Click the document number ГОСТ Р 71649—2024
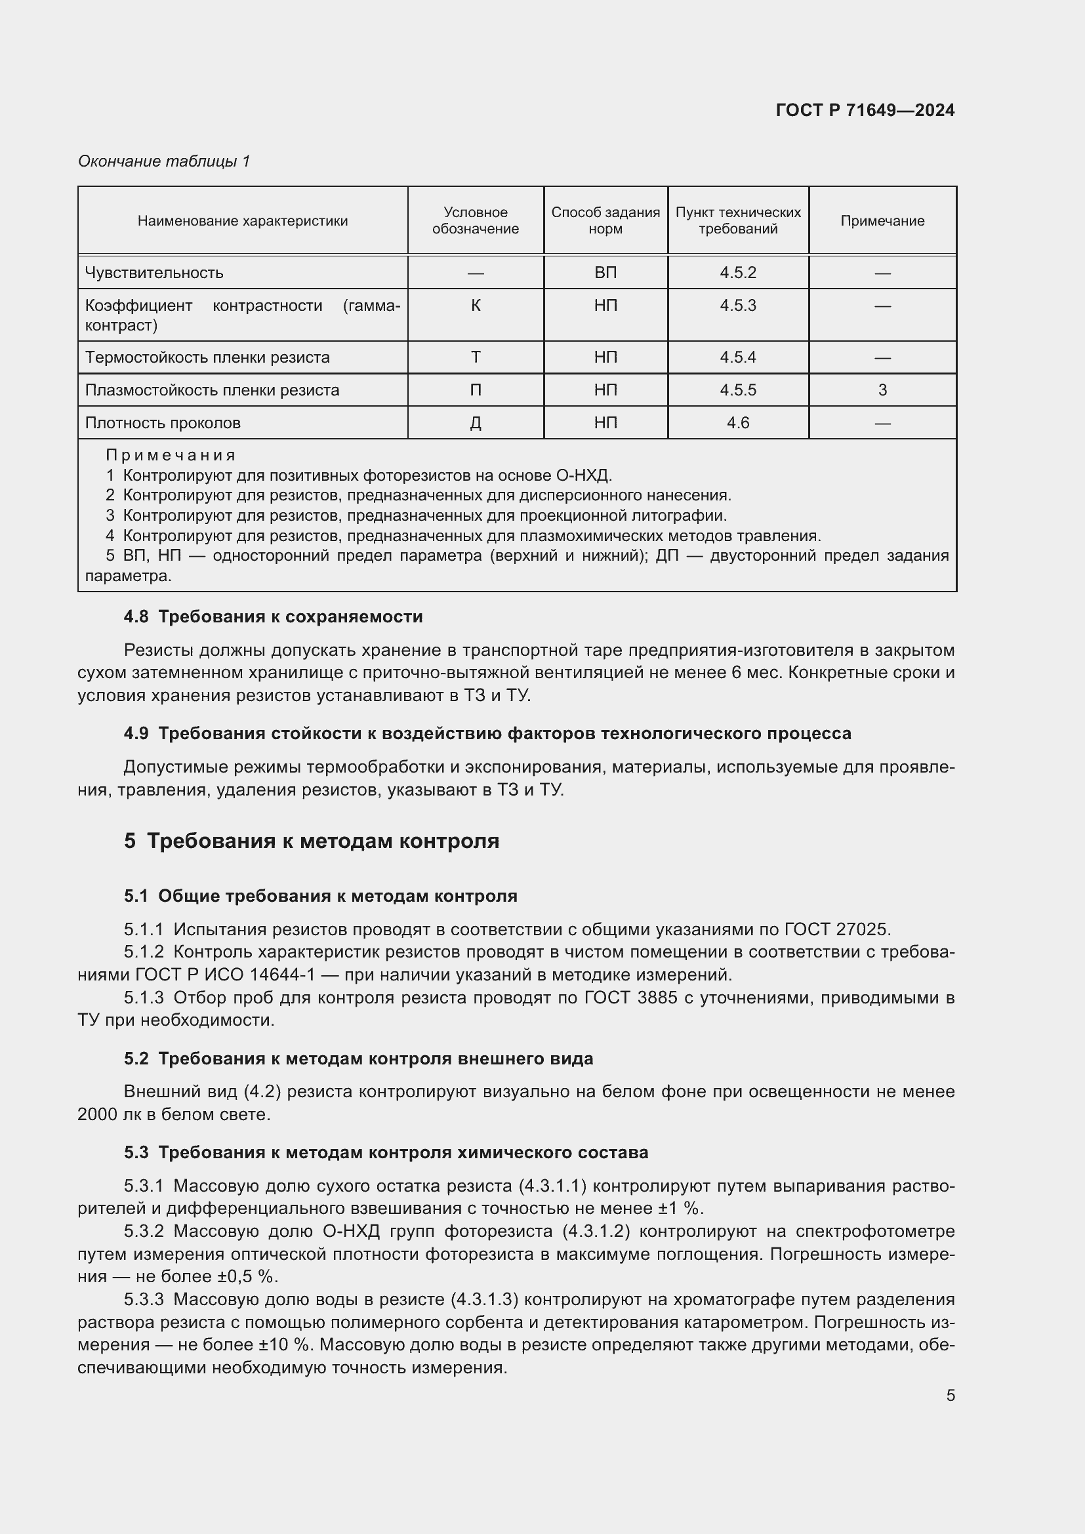click(865, 111)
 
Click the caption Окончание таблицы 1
click(164, 161)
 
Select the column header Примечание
click(882, 221)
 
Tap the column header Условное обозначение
click(475, 220)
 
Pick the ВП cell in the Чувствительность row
click(605, 273)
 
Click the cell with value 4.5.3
click(737, 306)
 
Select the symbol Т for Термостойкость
click(475, 357)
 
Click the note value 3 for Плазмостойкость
click(882, 390)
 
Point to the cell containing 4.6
click(737, 423)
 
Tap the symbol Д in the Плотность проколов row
click(475, 423)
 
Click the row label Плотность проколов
click(162, 423)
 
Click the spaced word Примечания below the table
click(171, 456)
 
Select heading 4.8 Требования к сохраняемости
click(274, 616)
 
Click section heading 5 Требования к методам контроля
click(312, 841)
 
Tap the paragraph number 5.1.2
click(144, 952)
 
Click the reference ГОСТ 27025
click(836, 929)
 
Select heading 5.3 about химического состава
click(386, 1152)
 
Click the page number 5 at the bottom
click(950, 1395)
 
